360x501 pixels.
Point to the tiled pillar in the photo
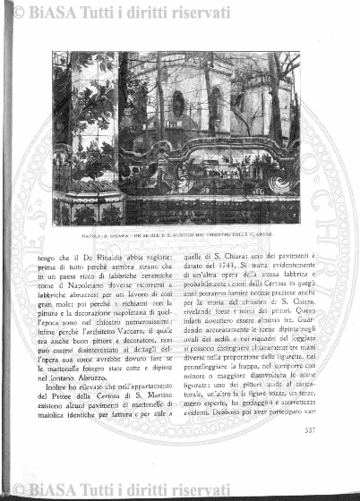pyautogui.click(x=90, y=134)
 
